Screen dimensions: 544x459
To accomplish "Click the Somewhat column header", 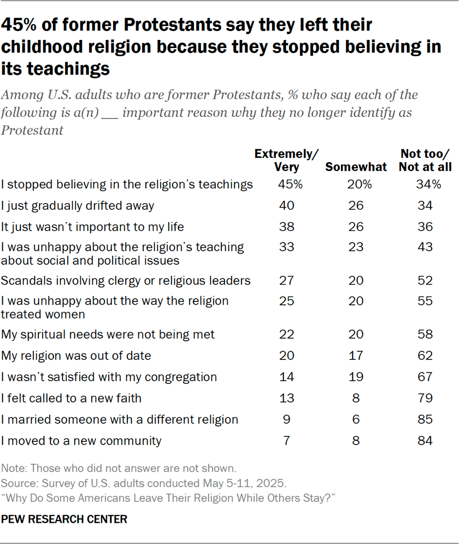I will coord(356,167).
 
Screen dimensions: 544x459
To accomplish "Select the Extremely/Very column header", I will coord(287,161).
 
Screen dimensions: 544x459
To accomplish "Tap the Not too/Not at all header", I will coord(425,161).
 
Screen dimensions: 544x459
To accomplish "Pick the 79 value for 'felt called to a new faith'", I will coord(425,398).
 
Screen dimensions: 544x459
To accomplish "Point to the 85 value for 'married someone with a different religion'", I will coord(425,419).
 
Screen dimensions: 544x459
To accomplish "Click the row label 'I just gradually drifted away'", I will coord(78,206).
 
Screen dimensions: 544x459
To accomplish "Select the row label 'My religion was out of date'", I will coord(76,356).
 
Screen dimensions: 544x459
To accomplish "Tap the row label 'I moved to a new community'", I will coord(81,441).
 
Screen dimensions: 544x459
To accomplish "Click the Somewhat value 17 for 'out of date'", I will coord(356,356).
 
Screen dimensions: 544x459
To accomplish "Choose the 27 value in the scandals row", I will coord(287,281).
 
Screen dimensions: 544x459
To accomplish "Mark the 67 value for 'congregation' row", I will coord(425,377).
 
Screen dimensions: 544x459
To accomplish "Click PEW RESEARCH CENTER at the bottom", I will coord(64,519).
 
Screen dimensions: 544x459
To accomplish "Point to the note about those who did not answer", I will coord(119,468).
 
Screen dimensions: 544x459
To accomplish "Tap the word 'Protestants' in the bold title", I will coord(150,25).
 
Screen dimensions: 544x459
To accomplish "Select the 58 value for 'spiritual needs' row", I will coord(425,334).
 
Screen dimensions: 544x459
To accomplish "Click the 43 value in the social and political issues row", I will coord(425,247).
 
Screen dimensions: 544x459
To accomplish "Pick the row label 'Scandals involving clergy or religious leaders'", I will coord(126,281).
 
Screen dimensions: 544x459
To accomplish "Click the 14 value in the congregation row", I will coord(287,377).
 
